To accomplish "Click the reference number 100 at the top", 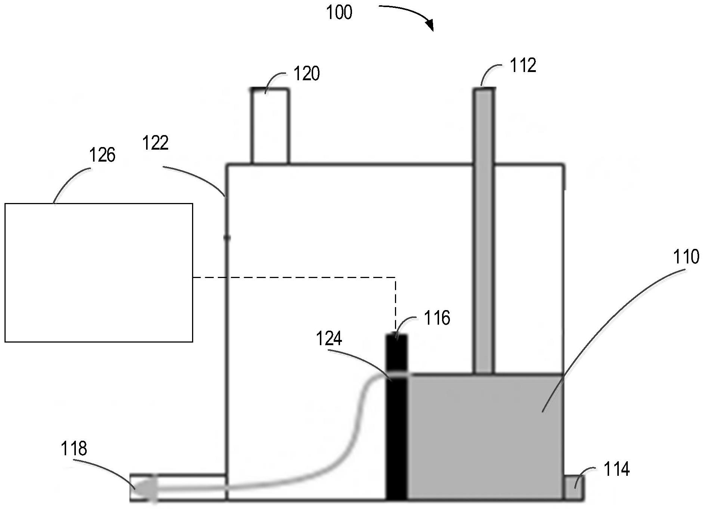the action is pos(339,12).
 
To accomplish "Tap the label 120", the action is pos(307,74).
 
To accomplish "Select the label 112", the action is pos(523,65).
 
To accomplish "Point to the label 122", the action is pos(155,143).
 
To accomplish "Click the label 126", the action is pos(102,154).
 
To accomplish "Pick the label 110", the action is pos(686,257).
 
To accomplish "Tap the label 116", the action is pos(437,318).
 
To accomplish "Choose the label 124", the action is pos(329,339).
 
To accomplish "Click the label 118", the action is pos(74,448).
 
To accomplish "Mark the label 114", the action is pos(617,469).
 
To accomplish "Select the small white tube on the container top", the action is pos(270,126).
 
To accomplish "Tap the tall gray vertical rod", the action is pos(484,231).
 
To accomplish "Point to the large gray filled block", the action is pos(485,437).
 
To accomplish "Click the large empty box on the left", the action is pos(99,273).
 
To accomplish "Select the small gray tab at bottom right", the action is pos(573,487).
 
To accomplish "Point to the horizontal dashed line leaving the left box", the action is pos(294,278).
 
